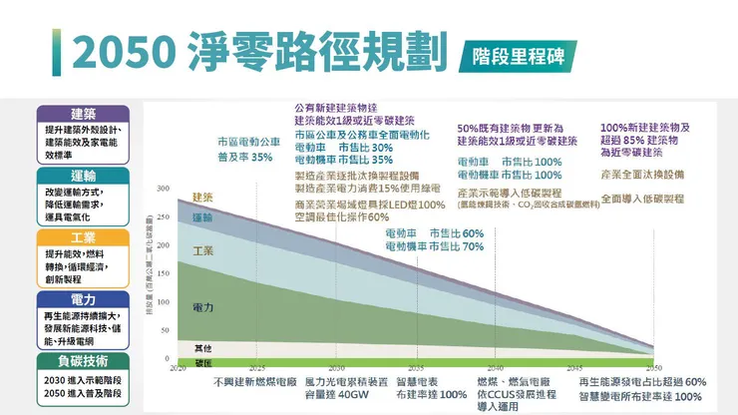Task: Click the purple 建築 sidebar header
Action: click(83, 113)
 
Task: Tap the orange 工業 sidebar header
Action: click(83, 237)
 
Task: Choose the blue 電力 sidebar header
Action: click(83, 299)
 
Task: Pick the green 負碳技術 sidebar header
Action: click(83, 361)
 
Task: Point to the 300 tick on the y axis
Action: click(163, 189)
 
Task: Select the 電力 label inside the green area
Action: click(202, 306)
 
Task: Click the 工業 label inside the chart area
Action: click(202, 250)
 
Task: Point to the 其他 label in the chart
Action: click(202, 348)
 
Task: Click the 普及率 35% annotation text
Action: click(245, 158)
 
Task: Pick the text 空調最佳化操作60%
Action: click(342, 217)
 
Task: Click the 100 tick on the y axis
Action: click(163, 301)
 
